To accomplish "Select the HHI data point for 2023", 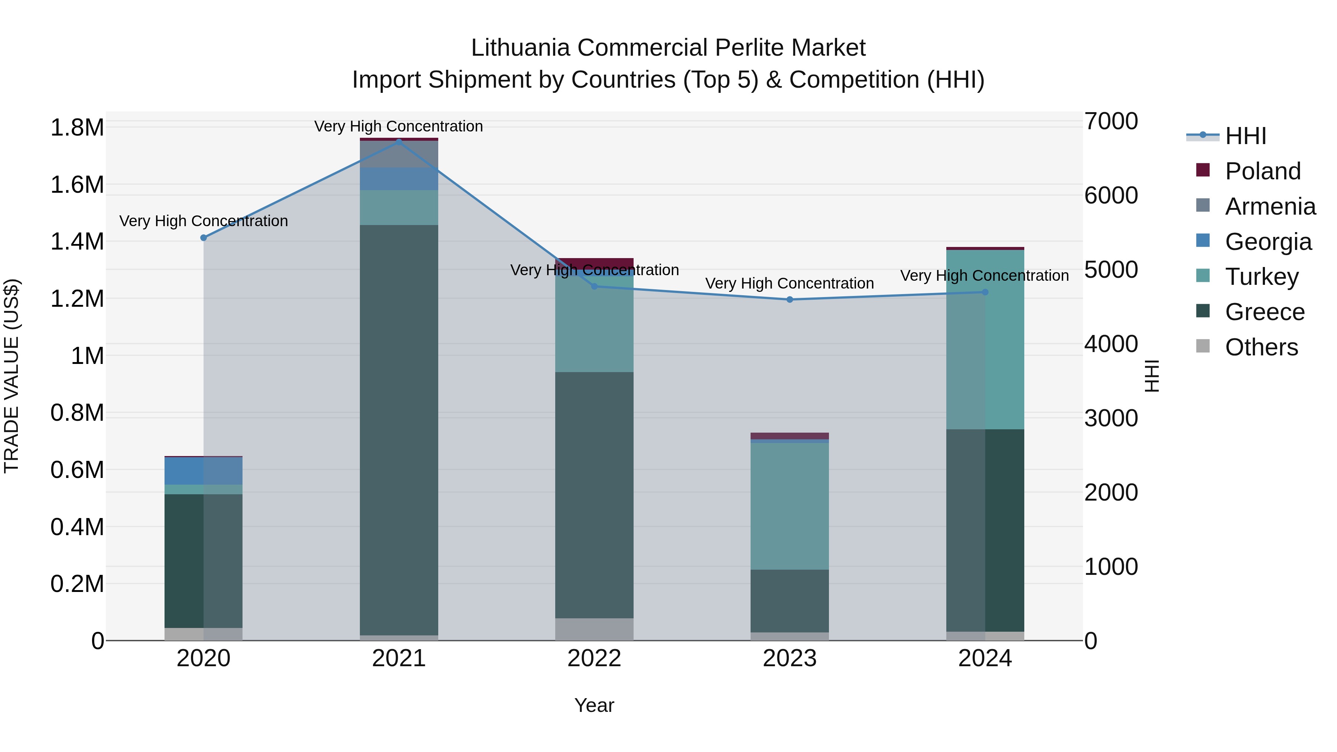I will pos(790,299).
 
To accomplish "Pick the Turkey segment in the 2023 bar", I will pos(790,506).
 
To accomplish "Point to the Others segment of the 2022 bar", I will pos(594,629).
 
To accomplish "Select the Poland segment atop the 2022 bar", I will pos(594,263).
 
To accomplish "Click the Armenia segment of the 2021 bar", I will pos(399,154).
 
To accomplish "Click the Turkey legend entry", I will pos(1261,277).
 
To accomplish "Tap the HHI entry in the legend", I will pos(1245,136).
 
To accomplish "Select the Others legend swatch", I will pos(1203,346).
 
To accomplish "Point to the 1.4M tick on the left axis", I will pos(77,242).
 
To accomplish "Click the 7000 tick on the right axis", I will pos(1111,121).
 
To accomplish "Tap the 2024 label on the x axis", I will pos(985,658).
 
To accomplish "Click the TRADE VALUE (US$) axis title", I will pos(12,376).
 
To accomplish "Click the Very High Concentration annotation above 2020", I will pos(204,221).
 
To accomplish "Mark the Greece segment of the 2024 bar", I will pos(985,530).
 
